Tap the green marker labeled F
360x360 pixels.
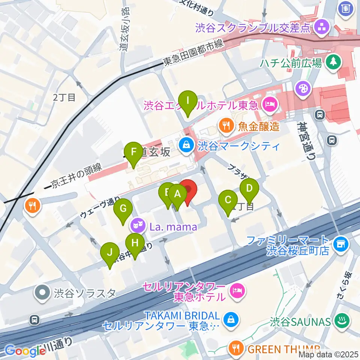click(x=133, y=152)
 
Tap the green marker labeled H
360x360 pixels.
click(x=135, y=243)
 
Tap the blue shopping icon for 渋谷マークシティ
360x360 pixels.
click(x=186, y=144)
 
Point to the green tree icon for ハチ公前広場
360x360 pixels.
click(x=332, y=61)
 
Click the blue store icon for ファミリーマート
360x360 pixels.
click(x=342, y=244)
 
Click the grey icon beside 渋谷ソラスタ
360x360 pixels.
click(x=43, y=292)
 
